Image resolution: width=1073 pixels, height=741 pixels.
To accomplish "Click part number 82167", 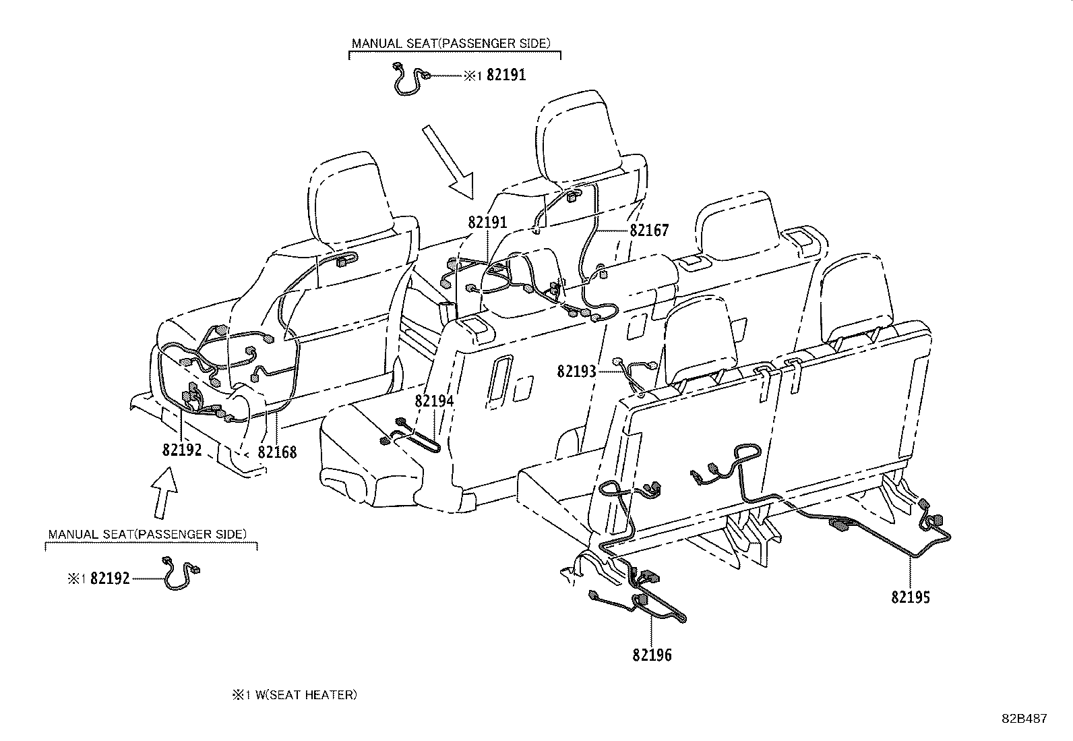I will (x=649, y=231).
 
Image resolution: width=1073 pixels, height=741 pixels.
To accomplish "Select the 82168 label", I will (x=278, y=452).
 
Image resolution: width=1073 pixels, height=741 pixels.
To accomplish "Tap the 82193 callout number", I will (x=576, y=371).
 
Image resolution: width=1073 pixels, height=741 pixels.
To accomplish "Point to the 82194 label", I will (x=434, y=401).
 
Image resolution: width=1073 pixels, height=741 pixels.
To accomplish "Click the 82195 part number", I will (x=911, y=597).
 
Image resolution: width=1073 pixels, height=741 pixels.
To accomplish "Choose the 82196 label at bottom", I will (x=652, y=654).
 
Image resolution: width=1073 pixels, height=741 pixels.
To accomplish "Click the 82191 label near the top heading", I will (x=506, y=76).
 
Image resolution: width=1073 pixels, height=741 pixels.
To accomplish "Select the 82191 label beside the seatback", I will (x=487, y=222).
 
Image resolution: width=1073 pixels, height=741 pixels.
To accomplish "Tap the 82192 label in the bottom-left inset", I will (x=110, y=579).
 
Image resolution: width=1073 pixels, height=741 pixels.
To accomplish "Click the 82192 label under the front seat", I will (x=182, y=450).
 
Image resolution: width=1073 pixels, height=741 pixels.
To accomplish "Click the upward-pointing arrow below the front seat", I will (x=164, y=492).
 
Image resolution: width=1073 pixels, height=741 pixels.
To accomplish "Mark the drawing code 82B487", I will (x=1023, y=719).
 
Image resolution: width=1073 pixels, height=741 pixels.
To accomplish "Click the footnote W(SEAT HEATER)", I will (x=305, y=694).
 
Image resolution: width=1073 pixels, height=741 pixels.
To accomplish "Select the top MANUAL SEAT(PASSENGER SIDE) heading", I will (x=451, y=43).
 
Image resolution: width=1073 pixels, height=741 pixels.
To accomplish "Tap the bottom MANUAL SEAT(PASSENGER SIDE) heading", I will (x=148, y=534).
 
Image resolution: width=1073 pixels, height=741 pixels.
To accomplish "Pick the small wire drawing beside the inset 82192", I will (x=180, y=574).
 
